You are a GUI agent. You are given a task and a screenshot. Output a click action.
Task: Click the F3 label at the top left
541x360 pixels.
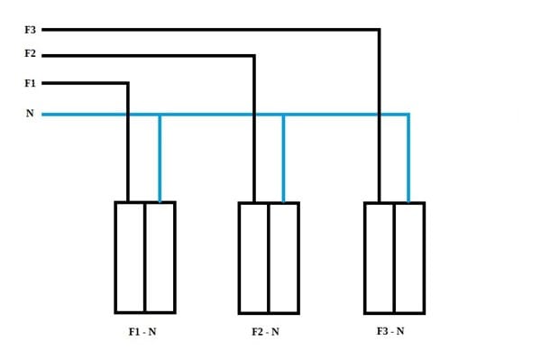coord(30,30)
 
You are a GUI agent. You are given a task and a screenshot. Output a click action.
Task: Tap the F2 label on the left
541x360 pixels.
coord(30,53)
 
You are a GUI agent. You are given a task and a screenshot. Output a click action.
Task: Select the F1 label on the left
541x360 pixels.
coord(30,83)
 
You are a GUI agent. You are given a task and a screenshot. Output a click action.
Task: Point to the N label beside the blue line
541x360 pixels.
coord(30,113)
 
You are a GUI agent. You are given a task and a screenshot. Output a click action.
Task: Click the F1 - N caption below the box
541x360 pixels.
coord(142,332)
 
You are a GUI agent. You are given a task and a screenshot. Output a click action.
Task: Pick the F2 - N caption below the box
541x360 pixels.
coord(265,332)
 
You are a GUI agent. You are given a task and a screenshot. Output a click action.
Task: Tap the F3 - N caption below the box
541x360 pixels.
coord(390,331)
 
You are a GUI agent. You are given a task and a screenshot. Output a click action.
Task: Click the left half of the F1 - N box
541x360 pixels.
coord(130,257)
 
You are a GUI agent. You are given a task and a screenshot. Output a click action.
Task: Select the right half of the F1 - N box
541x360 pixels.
coord(160,257)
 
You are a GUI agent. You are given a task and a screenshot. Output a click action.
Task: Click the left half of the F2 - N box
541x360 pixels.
coord(253,258)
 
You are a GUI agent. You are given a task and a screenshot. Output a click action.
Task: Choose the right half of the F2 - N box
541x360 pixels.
coord(284,258)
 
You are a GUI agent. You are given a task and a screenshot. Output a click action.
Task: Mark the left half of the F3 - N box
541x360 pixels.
coord(380,258)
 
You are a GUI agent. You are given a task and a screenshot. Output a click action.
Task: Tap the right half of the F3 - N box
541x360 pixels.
coord(410,258)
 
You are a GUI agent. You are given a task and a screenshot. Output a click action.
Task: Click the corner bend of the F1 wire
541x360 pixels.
coord(128,83)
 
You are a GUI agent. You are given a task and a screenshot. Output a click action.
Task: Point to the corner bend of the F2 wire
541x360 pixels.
coord(254,55)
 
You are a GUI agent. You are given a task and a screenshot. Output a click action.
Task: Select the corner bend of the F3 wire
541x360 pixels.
coord(380,30)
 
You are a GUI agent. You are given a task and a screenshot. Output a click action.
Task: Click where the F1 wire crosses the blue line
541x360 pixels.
coord(128,115)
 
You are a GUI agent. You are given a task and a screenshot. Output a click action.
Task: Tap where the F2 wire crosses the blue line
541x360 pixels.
coord(254,115)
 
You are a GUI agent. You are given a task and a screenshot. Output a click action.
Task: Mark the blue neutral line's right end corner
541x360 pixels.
coord(408,115)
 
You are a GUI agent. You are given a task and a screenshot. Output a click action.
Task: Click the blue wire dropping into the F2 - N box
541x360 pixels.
coord(284,159)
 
